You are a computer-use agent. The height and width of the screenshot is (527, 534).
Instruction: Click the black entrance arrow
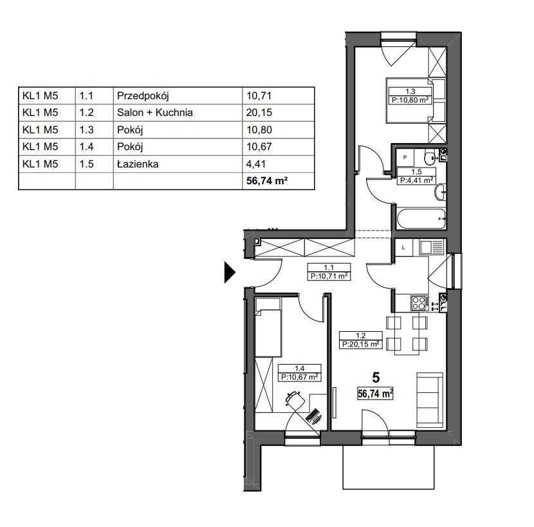coord(230,273)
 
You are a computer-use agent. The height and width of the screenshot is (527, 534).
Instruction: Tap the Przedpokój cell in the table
coord(143,96)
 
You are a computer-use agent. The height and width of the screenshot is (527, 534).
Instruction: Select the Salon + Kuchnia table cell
coord(154,113)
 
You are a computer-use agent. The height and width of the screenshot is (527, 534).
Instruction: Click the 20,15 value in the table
coord(259,113)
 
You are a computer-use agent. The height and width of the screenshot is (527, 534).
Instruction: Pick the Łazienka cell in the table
coord(138,164)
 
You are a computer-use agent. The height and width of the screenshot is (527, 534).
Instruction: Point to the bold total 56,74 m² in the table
coord(267,181)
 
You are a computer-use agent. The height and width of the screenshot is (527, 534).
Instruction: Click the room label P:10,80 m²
coord(410,101)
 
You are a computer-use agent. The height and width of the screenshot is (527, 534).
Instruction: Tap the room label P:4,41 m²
coord(416,180)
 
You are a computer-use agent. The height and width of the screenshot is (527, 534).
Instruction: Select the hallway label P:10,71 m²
coord(329,276)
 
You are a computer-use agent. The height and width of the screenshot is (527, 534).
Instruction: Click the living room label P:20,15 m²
coord(361,344)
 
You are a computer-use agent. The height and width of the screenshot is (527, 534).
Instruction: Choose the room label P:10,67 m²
coord(300,377)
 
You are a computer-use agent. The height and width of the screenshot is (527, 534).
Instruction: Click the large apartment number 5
coord(376,378)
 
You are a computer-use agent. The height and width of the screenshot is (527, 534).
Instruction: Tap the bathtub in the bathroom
coord(421,218)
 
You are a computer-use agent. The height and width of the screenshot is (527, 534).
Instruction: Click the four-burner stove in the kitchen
coord(419,303)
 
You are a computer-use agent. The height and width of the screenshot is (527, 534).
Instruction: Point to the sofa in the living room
coord(430,399)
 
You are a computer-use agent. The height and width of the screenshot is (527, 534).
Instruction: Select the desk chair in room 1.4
coord(295,400)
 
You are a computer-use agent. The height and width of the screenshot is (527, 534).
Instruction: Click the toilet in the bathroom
coord(430,157)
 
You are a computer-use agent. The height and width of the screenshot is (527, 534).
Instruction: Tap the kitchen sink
coord(432,247)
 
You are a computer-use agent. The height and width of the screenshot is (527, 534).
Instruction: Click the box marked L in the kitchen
coord(403,247)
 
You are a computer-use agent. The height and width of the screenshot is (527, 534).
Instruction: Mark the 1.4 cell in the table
coord(86,147)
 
